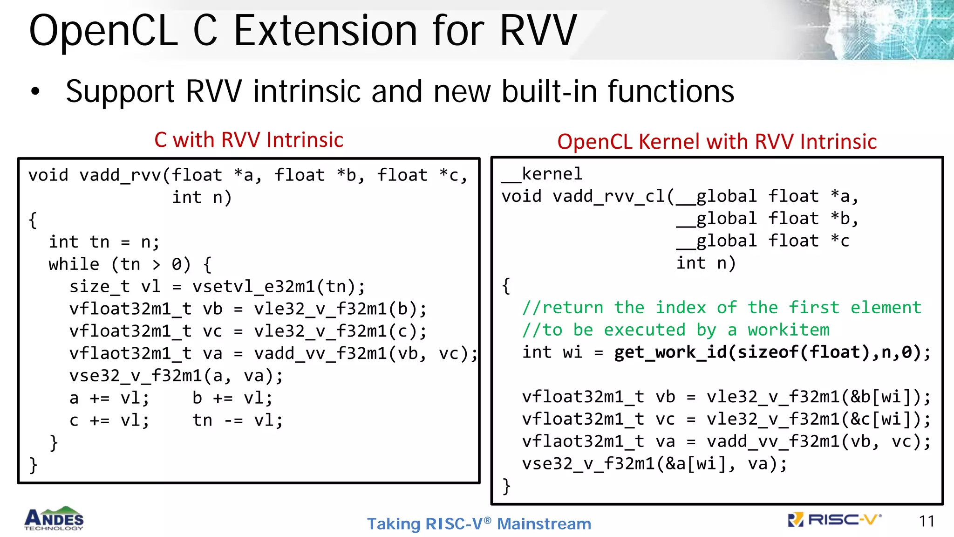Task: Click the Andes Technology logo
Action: tap(54, 518)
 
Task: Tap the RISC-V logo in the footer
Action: tap(834, 520)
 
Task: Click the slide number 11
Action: tap(927, 521)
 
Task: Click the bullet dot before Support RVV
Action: tap(35, 92)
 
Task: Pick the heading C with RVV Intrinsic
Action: tap(249, 140)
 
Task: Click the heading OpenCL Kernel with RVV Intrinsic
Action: tap(717, 142)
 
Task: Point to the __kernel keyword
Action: tap(542, 174)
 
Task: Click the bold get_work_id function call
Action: tap(771, 352)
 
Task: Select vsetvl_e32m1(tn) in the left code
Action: tap(278, 286)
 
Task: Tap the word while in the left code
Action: tap(74, 264)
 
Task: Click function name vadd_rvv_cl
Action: tap(609, 196)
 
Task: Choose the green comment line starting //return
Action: tap(722, 308)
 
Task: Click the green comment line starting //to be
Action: tap(675, 330)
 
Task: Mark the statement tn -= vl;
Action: tap(238, 420)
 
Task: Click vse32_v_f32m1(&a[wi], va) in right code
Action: tap(654, 464)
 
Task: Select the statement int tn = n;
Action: tap(104, 242)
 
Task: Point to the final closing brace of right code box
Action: tap(506, 486)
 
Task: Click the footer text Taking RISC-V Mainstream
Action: tap(479, 524)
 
